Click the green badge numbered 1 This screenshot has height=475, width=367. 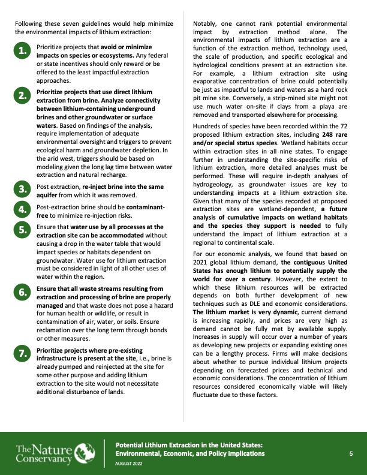click(x=22, y=52)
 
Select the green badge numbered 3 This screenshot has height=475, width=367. click(x=22, y=190)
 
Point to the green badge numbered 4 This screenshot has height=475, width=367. click(x=22, y=209)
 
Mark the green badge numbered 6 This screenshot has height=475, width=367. click(x=22, y=292)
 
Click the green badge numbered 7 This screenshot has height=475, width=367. click(x=22, y=354)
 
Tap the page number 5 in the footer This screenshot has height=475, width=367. click(x=351, y=454)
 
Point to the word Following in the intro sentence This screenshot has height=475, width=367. click(x=28, y=23)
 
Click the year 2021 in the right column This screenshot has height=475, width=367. click(x=203, y=278)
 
